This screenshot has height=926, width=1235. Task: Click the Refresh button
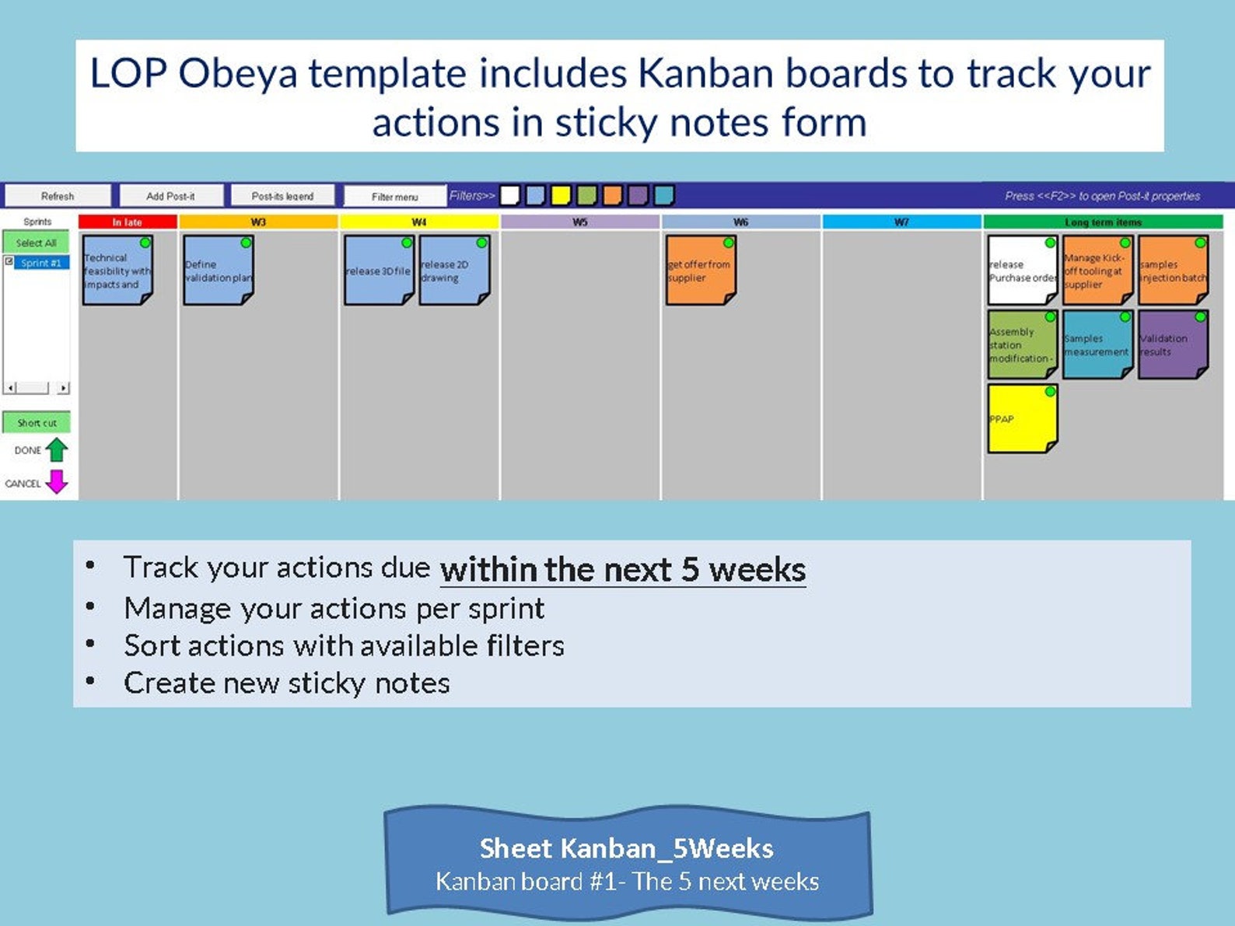coord(58,196)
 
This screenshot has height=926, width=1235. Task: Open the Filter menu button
coord(394,197)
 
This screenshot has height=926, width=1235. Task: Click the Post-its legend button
coord(282,196)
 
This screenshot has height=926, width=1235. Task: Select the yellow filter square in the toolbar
coord(561,195)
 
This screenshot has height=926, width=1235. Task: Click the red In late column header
coord(128,222)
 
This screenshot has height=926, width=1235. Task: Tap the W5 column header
coord(580,222)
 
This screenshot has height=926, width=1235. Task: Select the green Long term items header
coord(1103,222)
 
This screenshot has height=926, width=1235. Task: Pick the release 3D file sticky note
coord(378,271)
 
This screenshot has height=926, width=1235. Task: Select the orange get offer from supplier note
coord(700,271)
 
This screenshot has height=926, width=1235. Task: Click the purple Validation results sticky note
coord(1172,345)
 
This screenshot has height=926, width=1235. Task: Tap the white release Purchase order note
coord(1022,271)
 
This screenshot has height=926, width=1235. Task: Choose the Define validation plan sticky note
coord(218,271)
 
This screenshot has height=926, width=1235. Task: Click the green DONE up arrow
coord(57,449)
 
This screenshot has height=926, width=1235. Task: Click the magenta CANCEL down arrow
coord(57,482)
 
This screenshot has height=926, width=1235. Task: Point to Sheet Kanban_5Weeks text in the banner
coord(626,847)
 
